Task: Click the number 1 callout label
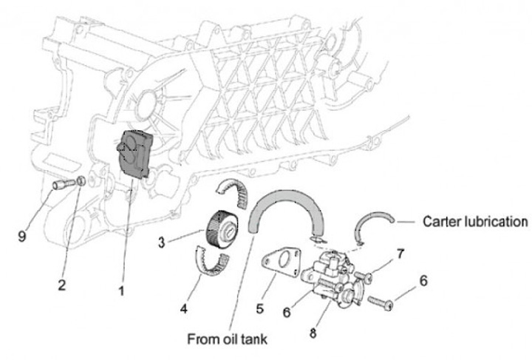coord(121,291)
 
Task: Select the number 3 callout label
coord(162,240)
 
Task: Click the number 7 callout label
coord(400,254)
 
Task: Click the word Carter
coord(442,221)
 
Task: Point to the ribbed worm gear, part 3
coord(219,226)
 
